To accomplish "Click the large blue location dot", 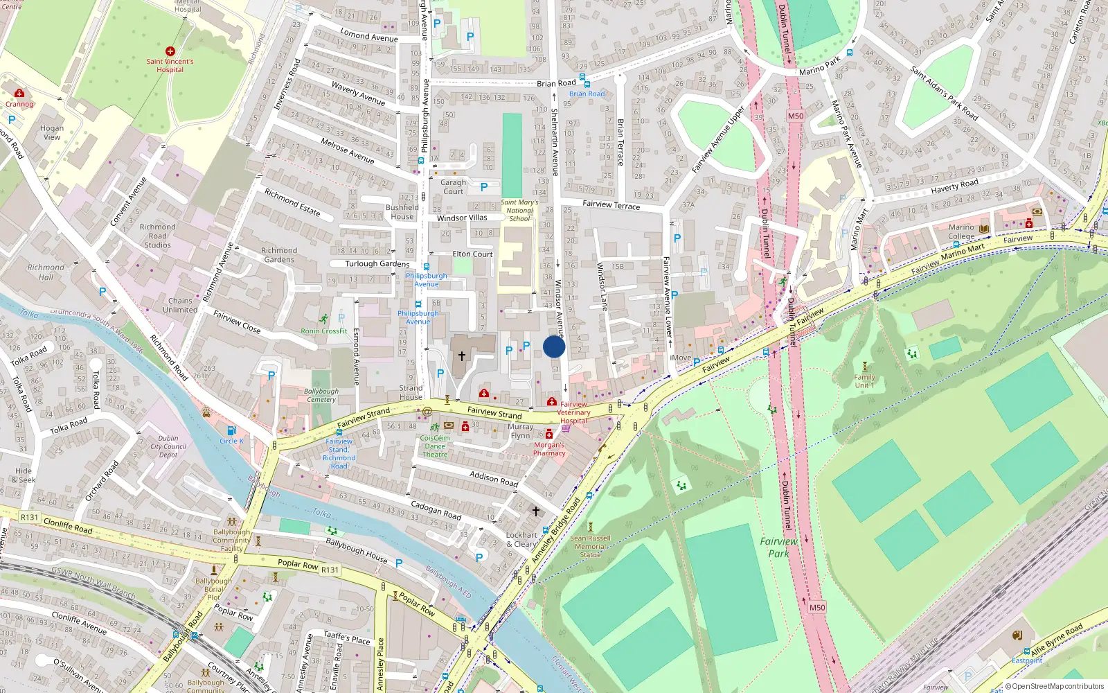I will click(554, 346).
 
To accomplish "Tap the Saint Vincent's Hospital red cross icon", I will click(170, 51).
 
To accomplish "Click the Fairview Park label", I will click(778, 547).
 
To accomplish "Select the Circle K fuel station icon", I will click(231, 431).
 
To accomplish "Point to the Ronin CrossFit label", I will click(324, 331).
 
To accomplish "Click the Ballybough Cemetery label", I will click(321, 395).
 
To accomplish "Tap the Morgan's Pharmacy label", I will click(549, 449).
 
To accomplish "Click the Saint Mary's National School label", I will click(519, 211).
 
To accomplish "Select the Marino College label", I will click(961, 232).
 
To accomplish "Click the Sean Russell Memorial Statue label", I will click(590, 546).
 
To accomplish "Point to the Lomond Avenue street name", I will click(368, 35).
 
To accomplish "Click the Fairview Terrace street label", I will click(611, 204).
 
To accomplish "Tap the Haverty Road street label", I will click(954, 186).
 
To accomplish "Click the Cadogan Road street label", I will click(436, 510).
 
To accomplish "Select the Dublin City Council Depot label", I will click(168, 446).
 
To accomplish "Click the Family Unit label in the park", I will click(864, 381).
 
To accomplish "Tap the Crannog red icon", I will click(19, 94).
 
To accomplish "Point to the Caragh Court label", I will click(454, 187).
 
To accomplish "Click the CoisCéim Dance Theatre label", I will click(435, 446).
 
